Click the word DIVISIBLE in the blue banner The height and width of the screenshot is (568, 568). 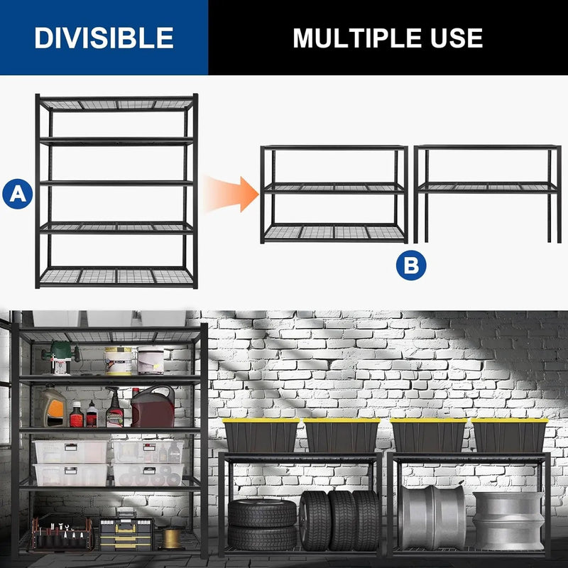point(104,38)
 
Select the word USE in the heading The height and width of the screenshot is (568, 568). point(452,38)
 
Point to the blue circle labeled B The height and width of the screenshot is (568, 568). point(412,266)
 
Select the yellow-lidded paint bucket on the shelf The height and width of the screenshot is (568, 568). point(119,359)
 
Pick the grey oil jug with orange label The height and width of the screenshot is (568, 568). point(53,406)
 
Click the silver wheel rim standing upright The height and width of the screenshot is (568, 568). point(432,518)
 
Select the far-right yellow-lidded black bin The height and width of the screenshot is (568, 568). point(510,435)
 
